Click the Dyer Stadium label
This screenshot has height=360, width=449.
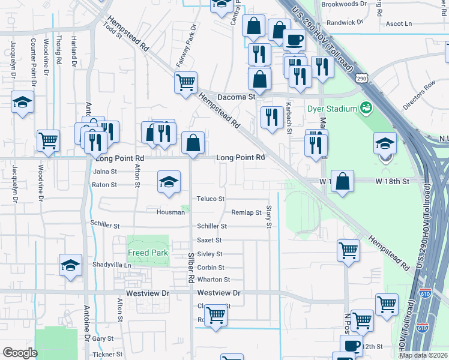tap(332, 109)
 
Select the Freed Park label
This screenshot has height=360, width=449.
tap(148, 253)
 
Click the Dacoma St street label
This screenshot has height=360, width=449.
tap(237, 96)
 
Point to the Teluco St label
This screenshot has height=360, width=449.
tap(211, 199)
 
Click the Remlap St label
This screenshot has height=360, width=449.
tap(246, 212)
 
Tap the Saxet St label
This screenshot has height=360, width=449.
tap(209, 240)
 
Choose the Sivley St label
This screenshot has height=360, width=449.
tap(210, 254)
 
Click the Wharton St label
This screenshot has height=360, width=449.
tap(214, 280)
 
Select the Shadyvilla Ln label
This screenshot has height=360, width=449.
tap(111, 265)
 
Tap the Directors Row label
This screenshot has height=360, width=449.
tap(418, 96)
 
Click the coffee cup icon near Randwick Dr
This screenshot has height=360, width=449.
tap(294, 40)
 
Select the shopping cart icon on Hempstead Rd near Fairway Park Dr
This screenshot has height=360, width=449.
tap(186, 82)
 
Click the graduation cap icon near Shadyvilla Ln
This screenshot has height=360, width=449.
tap(70, 265)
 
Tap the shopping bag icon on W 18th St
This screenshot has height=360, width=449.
tap(342, 182)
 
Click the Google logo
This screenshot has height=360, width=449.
tap(20, 353)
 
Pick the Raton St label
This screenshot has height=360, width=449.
tap(104, 185)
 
